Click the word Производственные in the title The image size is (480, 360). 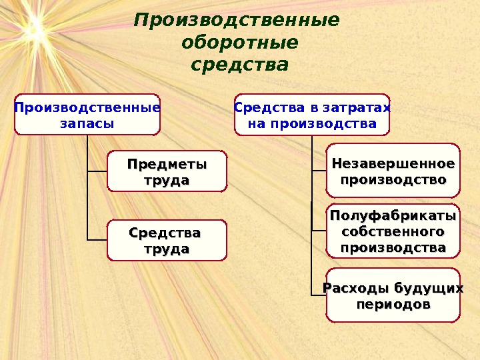237,20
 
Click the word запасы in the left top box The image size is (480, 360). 87,123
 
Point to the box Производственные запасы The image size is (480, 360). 87,115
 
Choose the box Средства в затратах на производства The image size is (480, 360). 311,115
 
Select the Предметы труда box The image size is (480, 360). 167,171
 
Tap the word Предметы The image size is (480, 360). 167,164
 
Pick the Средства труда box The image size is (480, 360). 167,241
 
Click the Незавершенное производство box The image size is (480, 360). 393,171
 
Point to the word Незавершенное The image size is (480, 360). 393,163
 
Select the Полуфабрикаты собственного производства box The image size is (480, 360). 393,231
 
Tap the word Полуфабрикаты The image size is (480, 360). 393,216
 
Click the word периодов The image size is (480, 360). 393,304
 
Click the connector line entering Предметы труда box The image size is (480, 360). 97,171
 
